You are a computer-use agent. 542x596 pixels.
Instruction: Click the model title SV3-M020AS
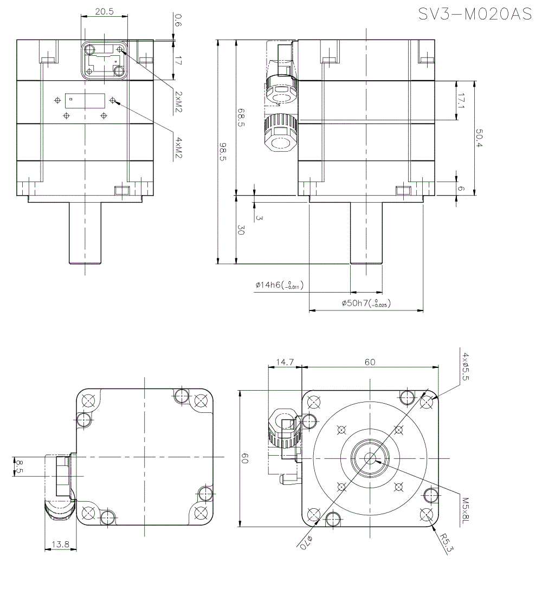point(475,14)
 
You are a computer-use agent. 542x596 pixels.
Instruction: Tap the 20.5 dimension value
point(104,11)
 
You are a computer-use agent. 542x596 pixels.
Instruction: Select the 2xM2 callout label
point(178,102)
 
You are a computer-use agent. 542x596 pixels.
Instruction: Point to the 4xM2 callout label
point(178,148)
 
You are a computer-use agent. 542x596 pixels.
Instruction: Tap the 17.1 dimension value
point(461,100)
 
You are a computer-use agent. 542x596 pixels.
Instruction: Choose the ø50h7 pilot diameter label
point(366,304)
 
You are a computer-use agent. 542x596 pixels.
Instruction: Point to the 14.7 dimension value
point(285,361)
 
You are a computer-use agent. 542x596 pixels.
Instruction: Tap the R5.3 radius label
point(446,543)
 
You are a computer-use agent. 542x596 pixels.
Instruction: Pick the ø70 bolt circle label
point(307,542)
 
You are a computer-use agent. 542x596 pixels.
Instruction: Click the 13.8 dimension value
point(60,544)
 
